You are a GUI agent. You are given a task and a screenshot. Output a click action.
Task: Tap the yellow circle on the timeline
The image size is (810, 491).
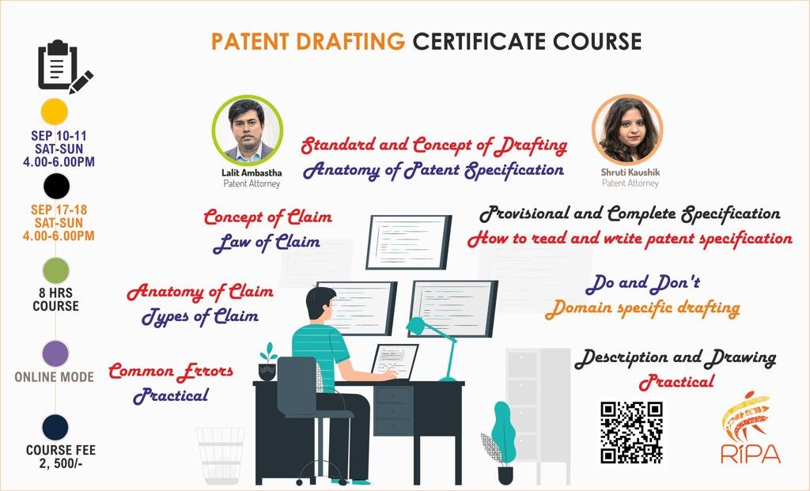(55, 111)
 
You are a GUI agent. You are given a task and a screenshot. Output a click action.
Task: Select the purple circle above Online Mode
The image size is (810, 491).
(55, 353)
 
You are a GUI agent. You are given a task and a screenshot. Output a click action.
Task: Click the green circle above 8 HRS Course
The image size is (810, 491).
(56, 271)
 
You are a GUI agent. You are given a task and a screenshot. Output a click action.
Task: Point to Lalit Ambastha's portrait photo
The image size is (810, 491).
(248, 130)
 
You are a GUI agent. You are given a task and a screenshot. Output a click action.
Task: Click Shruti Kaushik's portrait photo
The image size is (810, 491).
(627, 130)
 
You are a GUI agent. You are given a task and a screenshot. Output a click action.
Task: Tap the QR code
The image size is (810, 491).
(631, 432)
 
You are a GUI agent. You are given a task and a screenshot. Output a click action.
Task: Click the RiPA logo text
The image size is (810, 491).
(751, 453)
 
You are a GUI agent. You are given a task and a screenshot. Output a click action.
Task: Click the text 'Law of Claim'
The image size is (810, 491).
(267, 242)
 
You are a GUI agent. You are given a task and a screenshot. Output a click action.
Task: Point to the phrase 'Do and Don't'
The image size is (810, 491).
(643, 282)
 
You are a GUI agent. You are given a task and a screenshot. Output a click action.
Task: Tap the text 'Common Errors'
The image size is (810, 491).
(171, 371)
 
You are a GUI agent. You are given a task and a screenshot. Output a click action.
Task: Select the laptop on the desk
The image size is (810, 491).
(394, 361)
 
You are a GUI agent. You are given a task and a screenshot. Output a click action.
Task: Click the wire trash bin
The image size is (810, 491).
(221, 455)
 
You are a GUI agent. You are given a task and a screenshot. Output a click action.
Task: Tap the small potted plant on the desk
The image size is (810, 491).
(267, 361)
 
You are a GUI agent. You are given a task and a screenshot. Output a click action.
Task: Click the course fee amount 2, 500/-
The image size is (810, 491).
(60, 463)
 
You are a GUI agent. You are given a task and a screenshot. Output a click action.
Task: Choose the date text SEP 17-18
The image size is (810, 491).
(59, 210)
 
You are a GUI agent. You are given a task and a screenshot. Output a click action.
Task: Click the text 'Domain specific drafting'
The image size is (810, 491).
(642, 308)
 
